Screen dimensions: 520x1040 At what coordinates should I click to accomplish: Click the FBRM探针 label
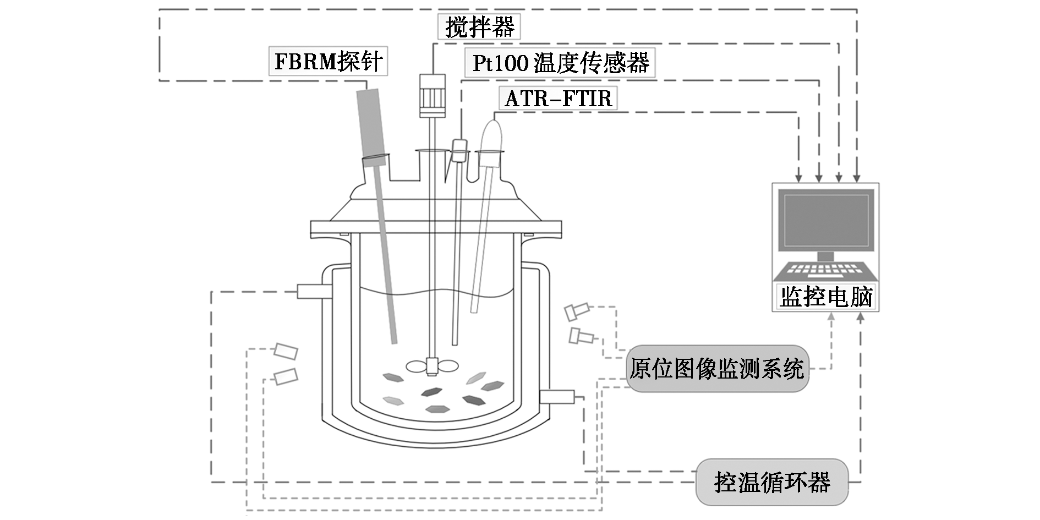pos(328,61)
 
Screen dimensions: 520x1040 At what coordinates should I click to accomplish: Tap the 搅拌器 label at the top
pos(479,26)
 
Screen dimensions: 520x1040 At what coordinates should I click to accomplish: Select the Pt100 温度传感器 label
pos(560,63)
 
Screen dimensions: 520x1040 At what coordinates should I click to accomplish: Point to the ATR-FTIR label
pos(558,98)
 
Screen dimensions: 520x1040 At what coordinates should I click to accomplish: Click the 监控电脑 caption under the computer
pos(826,297)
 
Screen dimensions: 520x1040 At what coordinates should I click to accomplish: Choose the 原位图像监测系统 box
pos(716,369)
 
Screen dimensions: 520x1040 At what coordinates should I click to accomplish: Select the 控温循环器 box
pos(771,483)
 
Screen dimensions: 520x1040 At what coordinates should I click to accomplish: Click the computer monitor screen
pos(825,220)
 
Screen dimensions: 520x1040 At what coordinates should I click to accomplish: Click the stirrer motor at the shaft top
pos(432,96)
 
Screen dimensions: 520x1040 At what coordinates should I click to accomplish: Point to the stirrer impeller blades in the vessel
pos(432,365)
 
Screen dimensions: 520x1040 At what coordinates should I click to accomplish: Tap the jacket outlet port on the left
pos(314,291)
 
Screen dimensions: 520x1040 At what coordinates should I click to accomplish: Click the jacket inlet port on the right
pos(557,396)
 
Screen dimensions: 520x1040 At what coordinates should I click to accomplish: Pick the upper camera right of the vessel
pos(577,311)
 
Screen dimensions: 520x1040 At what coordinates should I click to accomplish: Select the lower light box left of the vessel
pos(286,376)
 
